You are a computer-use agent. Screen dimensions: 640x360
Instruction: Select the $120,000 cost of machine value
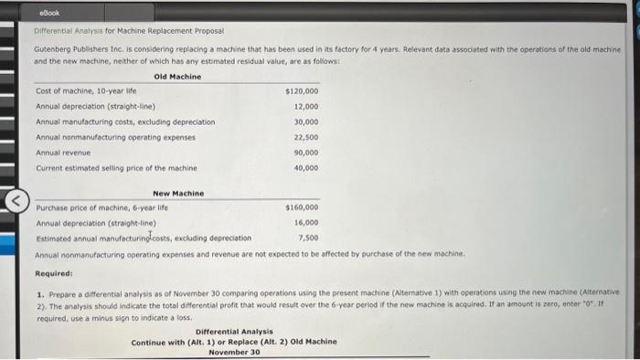pos(302,91)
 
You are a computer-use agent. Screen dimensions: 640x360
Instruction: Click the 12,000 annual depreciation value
pos(305,106)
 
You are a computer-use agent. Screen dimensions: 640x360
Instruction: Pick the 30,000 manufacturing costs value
pos(305,122)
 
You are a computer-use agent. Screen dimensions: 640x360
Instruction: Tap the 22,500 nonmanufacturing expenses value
pos(305,137)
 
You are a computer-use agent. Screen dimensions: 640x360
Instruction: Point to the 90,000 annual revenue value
pos(305,153)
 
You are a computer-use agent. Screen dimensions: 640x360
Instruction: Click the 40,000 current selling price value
pos(305,168)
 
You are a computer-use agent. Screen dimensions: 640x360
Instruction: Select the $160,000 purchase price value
pos(302,207)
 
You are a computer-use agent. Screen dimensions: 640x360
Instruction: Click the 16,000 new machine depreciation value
pos(305,222)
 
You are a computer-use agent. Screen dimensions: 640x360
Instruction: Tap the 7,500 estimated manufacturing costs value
pos(308,237)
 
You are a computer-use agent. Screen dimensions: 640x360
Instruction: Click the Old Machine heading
pos(177,77)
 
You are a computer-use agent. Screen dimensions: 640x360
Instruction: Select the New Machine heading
pos(177,193)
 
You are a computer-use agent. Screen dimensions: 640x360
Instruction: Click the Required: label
pos(54,272)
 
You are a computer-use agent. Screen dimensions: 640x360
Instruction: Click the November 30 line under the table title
pos(233,353)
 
